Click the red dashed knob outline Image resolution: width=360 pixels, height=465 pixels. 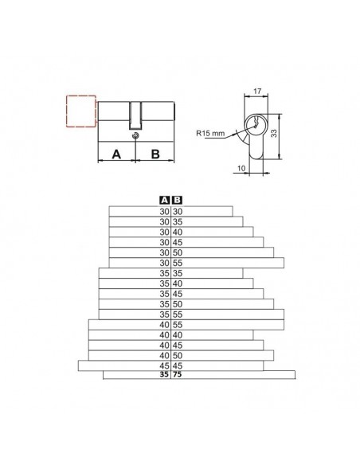point(67,111)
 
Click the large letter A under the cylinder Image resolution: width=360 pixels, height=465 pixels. point(116,154)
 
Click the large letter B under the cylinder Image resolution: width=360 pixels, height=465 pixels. point(155,154)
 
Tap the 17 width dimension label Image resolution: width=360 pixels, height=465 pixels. point(257,91)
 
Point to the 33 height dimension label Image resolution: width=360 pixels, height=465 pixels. point(274,133)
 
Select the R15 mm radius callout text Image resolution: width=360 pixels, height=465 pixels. point(210,133)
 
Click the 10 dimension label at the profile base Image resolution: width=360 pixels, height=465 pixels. point(241,168)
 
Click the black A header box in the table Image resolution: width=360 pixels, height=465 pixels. point(164,200)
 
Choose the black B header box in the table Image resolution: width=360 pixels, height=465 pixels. point(178,200)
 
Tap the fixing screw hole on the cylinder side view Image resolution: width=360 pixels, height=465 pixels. point(135,135)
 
